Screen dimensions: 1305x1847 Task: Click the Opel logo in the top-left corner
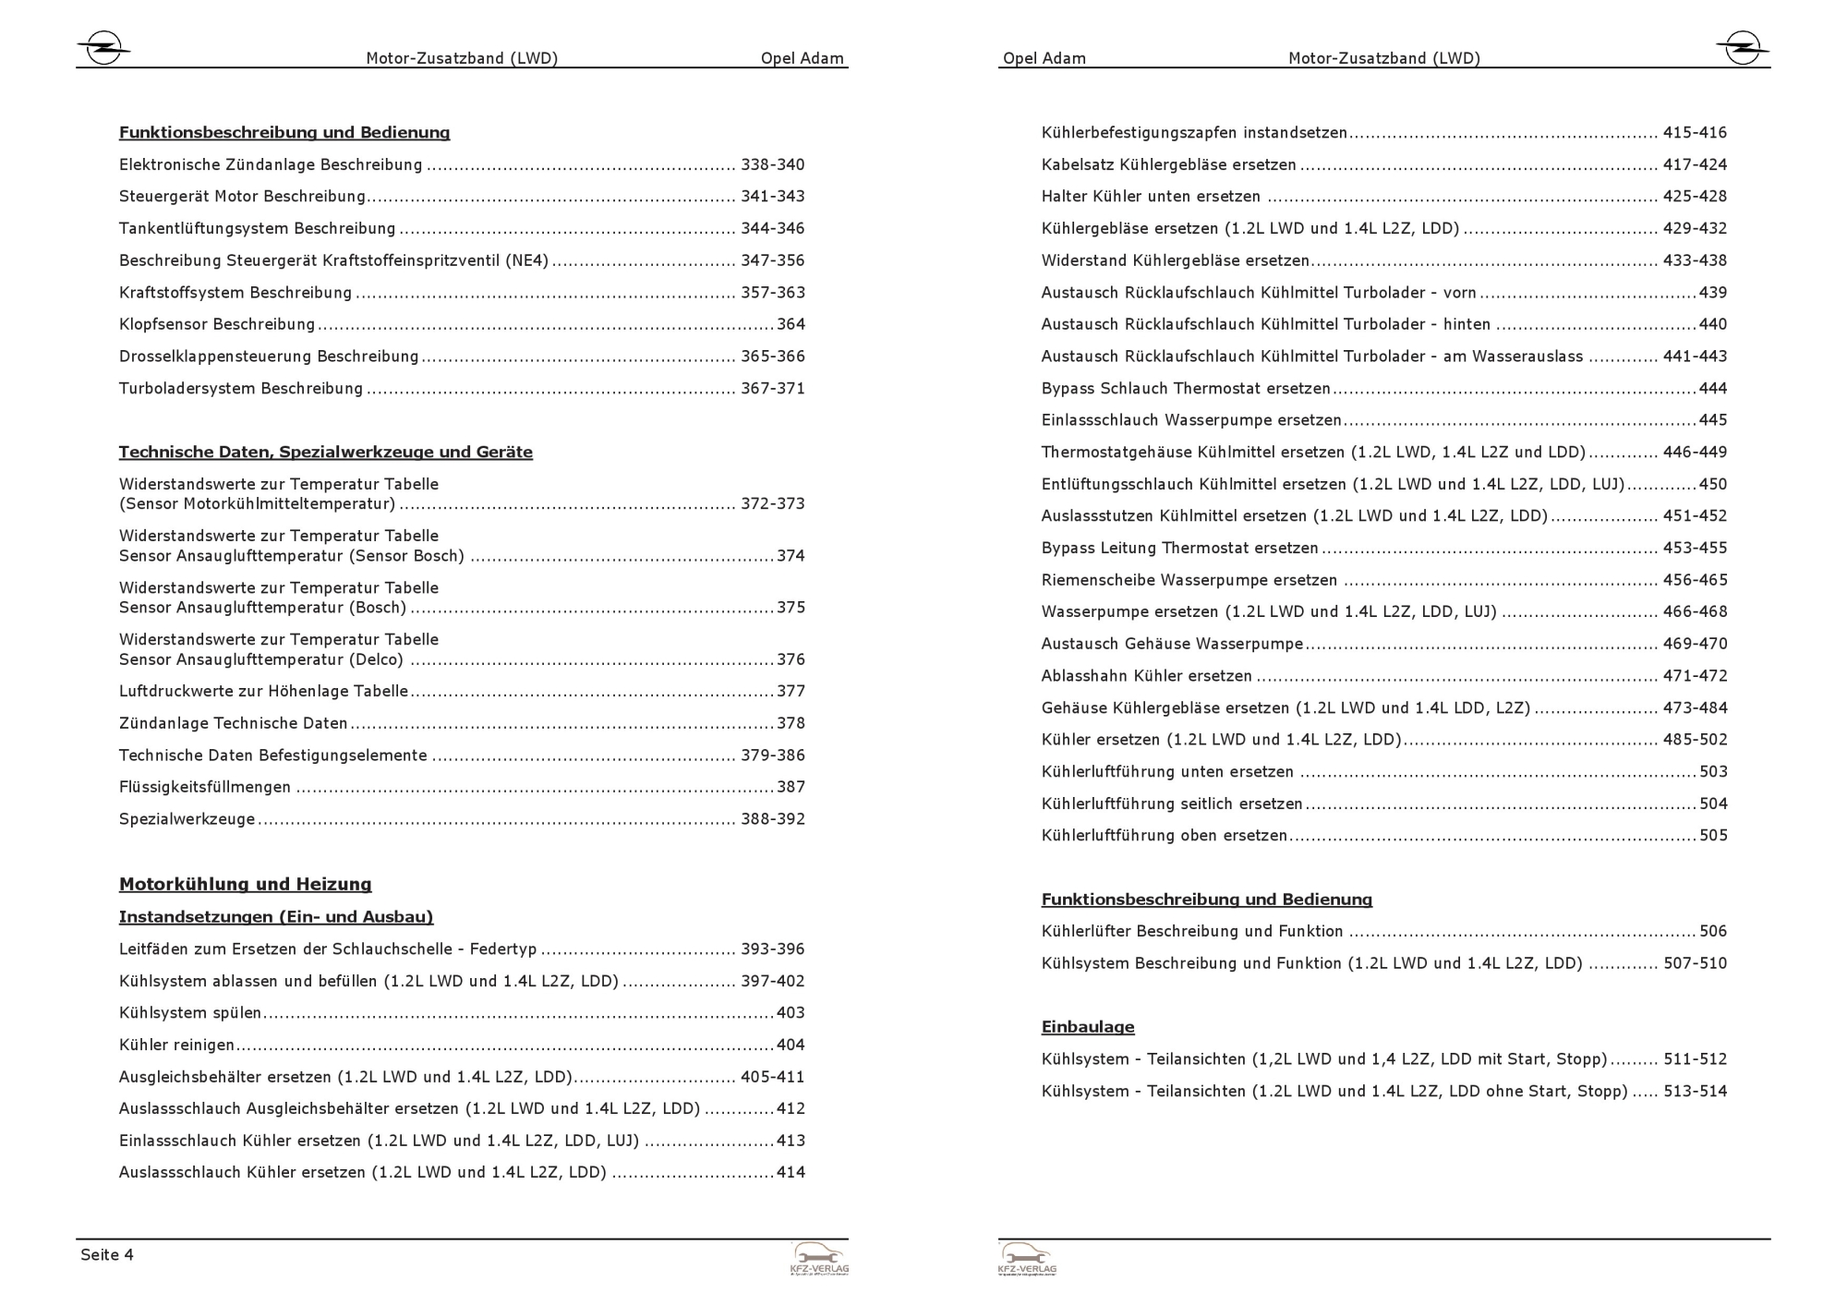coord(103,48)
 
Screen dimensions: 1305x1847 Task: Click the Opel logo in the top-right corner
coord(1742,48)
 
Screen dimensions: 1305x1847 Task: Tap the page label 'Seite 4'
coord(107,1254)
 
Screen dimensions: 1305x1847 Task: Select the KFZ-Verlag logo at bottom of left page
coord(819,1259)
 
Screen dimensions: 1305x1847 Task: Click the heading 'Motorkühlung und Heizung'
coord(245,884)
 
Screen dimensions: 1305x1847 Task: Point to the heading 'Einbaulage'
coord(1087,1026)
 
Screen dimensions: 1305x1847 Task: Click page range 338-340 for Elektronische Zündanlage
coord(772,164)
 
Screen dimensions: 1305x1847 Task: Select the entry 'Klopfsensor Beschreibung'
coord(217,324)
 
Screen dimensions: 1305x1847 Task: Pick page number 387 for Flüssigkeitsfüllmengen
coord(791,787)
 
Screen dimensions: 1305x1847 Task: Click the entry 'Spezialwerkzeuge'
coord(187,819)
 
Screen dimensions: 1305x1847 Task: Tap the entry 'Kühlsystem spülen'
coord(190,1012)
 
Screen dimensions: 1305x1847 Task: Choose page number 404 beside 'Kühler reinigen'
coord(791,1045)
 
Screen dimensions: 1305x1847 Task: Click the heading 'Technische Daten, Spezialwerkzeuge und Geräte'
coord(325,452)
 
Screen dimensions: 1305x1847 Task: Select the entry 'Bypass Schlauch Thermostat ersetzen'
coord(1186,388)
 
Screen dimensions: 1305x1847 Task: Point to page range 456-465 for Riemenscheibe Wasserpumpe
coord(1695,580)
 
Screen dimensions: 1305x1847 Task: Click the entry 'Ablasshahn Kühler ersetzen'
coord(1146,675)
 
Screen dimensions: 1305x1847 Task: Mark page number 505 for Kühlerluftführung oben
coord(1713,835)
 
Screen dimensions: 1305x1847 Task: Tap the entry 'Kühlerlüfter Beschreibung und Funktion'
coord(1191,931)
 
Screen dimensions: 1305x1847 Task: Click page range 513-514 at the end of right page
coord(1695,1091)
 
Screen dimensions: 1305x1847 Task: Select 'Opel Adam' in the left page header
coord(802,58)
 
